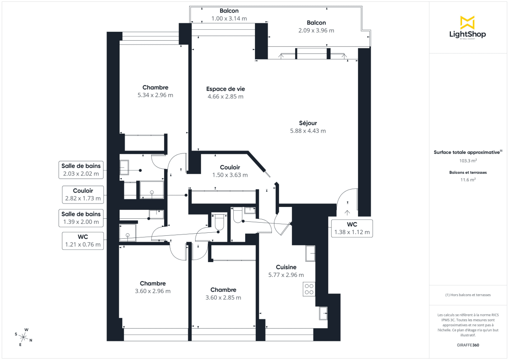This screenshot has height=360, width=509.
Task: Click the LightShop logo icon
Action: [467, 22]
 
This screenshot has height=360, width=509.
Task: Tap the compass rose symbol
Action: [24, 338]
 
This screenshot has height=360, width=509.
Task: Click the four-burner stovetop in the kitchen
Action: [309, 288]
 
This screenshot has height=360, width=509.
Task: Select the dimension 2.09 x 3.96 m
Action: [316, 31]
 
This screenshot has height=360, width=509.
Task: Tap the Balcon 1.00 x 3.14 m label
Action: [229, 14]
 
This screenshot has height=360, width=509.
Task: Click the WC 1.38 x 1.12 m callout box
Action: [352, 228]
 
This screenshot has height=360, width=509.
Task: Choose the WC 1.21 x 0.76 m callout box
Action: [83, 240]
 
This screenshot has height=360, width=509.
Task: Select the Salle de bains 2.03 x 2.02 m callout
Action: [81, 170]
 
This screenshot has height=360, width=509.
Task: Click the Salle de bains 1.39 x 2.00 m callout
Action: [81, 218]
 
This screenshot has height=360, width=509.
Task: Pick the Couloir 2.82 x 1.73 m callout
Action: [83, 194]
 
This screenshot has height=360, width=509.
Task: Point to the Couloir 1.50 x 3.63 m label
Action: [230, 171]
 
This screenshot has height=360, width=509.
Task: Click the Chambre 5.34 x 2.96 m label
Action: [155, 91]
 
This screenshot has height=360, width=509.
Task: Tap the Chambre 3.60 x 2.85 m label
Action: [223, 293]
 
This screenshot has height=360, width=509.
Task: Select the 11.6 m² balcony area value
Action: [468, 179]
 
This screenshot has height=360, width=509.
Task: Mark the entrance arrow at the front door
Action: [347, 212]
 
